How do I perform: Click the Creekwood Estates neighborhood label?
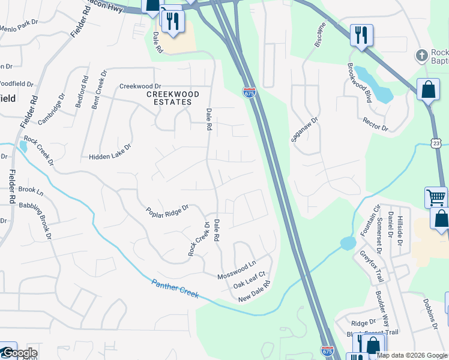click(x=170, y=98)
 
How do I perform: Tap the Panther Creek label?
click(x=175, y=287)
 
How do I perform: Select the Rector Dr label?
click(x=376, y=124)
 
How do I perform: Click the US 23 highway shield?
click(x=436, y=142)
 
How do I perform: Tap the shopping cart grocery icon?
click(x=436, y=197)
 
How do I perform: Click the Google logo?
click(x=19, y=353)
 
